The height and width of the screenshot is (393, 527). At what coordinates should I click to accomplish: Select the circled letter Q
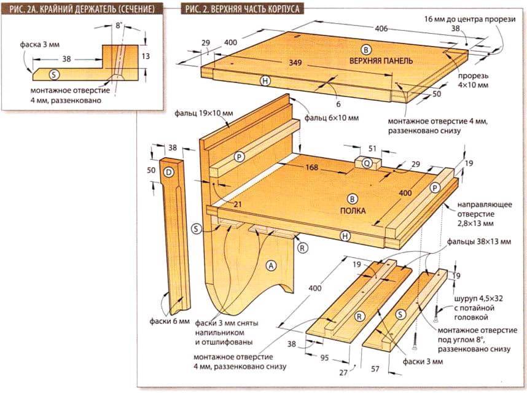point(367,163)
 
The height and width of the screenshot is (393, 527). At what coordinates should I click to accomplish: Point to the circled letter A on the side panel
point(270,265)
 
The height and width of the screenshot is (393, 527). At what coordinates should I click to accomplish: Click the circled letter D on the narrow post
point(168,173)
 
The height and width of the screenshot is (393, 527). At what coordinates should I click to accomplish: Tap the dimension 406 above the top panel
point(380,28)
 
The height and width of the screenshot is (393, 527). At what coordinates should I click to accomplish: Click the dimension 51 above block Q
point(372,147)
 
